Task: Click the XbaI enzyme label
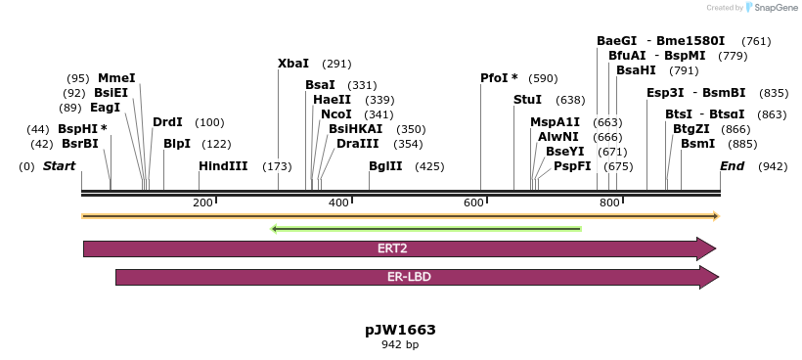click(293, 64)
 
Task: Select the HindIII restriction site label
click(223, 166)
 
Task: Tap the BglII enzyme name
click(385, 166)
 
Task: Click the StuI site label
click(527, 100)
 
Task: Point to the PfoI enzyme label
click(498, 78)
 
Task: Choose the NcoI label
click(335, 114)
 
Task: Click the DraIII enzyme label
click(357, 144)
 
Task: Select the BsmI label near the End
click(697, 144)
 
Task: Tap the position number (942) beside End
click(773, 166)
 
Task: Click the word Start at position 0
click(59, 166)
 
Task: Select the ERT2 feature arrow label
click(392, 248)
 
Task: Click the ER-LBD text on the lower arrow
click(409, 277)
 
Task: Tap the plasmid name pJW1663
click(400, 330)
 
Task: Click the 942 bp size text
click(400, 345)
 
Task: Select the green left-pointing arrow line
click(425, 229)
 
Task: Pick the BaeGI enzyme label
click(616, 41)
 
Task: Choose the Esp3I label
click(665, 93)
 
